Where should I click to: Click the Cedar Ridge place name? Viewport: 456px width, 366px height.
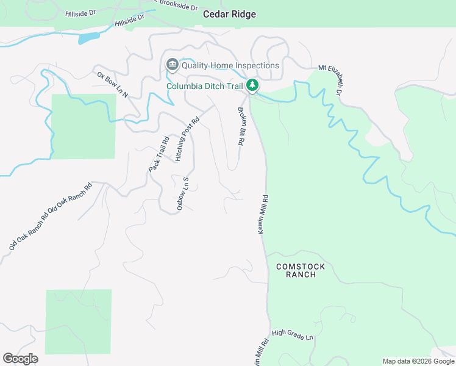(229, 14)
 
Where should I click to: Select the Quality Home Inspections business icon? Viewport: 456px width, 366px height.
(172, 65)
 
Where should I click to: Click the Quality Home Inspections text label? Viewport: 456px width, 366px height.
(230, 65)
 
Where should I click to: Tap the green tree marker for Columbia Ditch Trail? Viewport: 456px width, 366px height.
(252, 85)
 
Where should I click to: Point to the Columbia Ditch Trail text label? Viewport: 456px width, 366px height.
(205, 85)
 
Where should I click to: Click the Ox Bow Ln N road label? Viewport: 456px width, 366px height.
(112, 85)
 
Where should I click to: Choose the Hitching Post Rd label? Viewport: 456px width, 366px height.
(187, 139)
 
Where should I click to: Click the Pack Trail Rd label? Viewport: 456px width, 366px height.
(159, 154)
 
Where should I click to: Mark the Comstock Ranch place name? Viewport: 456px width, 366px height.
(301, 270)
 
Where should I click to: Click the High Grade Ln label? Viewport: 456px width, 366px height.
(293, 334)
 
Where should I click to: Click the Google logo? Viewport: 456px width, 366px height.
(20, 359)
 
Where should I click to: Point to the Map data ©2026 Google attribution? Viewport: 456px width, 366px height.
(418, 361)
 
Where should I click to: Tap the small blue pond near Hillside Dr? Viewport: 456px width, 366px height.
(88, 38)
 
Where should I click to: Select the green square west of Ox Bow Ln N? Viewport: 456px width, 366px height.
(83, 126)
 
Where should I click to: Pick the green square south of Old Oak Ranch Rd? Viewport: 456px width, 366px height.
(79, 321)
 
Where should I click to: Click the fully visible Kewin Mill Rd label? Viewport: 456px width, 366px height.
(263, 215)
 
